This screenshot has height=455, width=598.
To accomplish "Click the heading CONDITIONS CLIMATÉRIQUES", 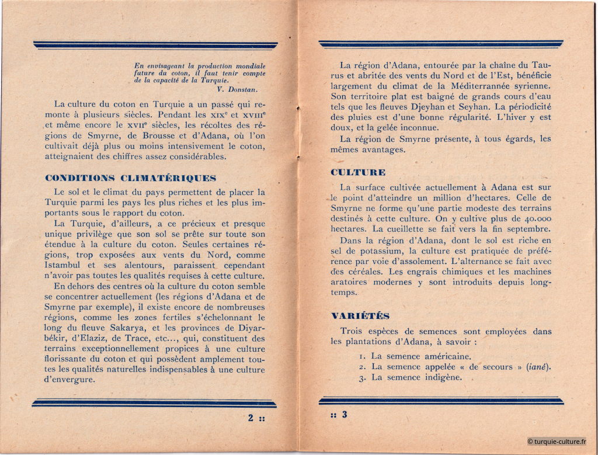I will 130,178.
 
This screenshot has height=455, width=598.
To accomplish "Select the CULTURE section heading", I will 358,172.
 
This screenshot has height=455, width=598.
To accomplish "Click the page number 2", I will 250,418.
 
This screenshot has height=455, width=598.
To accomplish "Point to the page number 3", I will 345,415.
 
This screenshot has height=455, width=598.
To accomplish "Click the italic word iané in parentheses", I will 539,367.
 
